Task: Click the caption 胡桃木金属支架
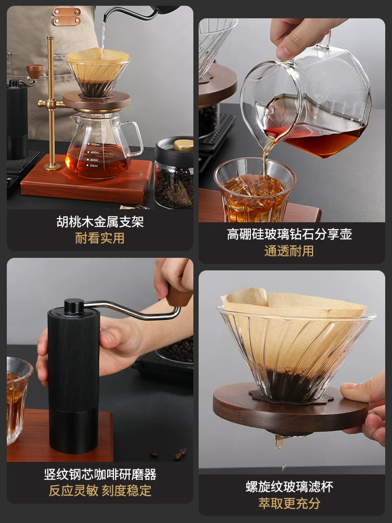100,221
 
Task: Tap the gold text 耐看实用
100,238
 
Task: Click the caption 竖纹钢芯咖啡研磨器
100,474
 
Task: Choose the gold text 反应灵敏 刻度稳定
100,491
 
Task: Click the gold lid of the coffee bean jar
183,145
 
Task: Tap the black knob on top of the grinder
74,305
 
